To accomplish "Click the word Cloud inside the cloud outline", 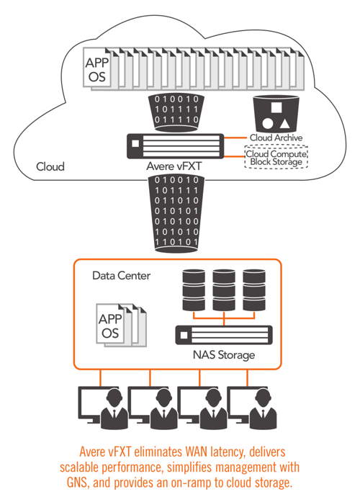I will (x=50, y=167).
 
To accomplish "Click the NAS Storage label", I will (x=223, y=355).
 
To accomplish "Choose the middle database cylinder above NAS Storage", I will (x=224, y=287).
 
